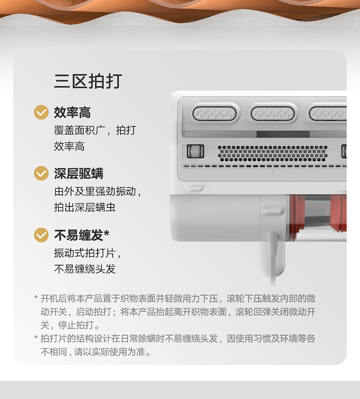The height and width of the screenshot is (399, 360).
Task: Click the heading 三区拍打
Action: click(x=88, y=81)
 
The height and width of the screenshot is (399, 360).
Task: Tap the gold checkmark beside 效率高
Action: click(x=41, y=112)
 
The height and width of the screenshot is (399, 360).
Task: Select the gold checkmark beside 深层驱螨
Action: click(x=41, y=173)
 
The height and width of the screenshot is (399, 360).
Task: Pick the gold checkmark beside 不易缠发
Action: click(x=41, y=235)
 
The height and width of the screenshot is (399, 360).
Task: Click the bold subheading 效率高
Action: click(x=72, y=113)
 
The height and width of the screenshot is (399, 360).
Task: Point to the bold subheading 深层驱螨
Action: click(x=78, y=174)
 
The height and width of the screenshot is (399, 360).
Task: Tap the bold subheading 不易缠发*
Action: click(x=82, y=235)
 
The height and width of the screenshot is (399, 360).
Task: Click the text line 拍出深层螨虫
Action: click(x=85, y=207)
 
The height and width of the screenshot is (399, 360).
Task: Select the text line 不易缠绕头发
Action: click(x=85, y=269)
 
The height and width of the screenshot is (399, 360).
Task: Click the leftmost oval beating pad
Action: click(x=215, y=113)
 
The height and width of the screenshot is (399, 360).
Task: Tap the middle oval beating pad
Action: click(x=273, y=113)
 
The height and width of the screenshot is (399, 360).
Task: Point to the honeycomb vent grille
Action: click(x=273, y=153)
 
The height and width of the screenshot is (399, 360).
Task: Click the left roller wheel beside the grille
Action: click(x=195, y=151)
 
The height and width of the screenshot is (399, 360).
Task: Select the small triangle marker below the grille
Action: click(x=273, y=172)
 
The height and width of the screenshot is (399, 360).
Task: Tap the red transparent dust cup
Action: click(x=318, y=218)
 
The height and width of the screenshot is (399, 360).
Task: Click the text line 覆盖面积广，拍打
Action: click(x=95, y=130)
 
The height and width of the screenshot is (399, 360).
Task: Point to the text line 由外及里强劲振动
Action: click(x=98, y=192)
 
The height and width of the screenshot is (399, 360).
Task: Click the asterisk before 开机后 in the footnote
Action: click(x=36, y=297)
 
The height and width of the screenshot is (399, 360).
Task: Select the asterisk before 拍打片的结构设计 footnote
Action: click(x=36, y=337)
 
